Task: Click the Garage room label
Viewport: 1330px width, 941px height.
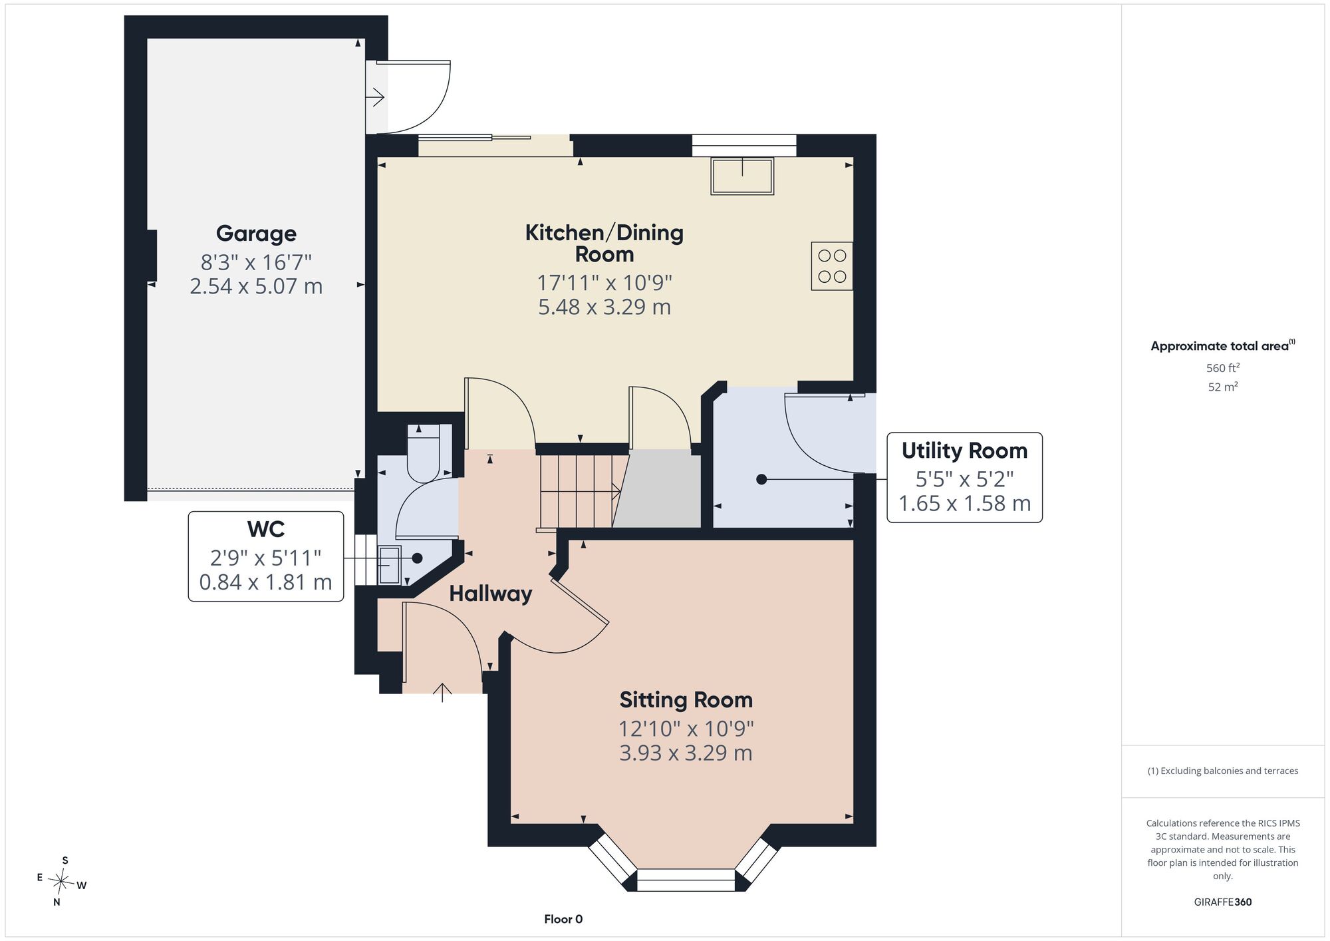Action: coord(256,234)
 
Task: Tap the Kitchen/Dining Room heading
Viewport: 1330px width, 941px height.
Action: coord(604,243)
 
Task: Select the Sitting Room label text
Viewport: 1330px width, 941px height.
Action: coord(686,700)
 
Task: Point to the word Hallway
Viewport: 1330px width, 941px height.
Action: coord(491,594)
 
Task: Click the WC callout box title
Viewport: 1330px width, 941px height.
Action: coord(266,529)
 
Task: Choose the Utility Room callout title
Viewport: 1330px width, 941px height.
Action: coord(964,451)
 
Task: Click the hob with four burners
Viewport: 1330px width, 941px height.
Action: coord(832,266)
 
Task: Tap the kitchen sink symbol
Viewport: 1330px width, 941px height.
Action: coord(742,176)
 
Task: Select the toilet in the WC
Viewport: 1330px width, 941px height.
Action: coord(424,453)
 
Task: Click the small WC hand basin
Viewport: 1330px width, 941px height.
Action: coord(390,565)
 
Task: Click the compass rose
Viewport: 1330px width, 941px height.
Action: coord(61,882)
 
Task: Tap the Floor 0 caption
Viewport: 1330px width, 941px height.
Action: coord(563,919)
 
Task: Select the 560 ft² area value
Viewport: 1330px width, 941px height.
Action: coord(1223,367)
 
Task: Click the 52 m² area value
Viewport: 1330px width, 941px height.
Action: coord(1223,387)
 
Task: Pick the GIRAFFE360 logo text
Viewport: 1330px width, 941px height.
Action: coord(1223,902)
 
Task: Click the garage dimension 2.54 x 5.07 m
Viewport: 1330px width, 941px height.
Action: coord(256,286)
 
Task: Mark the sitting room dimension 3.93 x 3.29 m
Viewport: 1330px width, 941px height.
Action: coord(686,753)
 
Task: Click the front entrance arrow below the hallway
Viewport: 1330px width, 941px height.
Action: coord(442,692)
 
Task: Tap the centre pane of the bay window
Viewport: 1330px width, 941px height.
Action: coord(686,880)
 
